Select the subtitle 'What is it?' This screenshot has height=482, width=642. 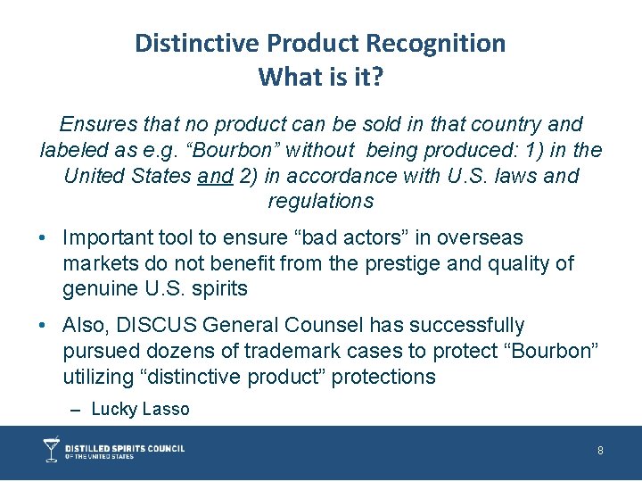320,78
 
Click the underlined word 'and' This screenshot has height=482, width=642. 214,176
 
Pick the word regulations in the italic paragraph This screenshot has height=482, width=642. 320,201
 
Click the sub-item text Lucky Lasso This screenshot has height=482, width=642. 141,410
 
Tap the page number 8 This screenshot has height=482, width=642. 600,451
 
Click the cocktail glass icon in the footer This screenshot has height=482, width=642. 52,449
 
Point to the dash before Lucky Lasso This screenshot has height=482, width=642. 75,410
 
